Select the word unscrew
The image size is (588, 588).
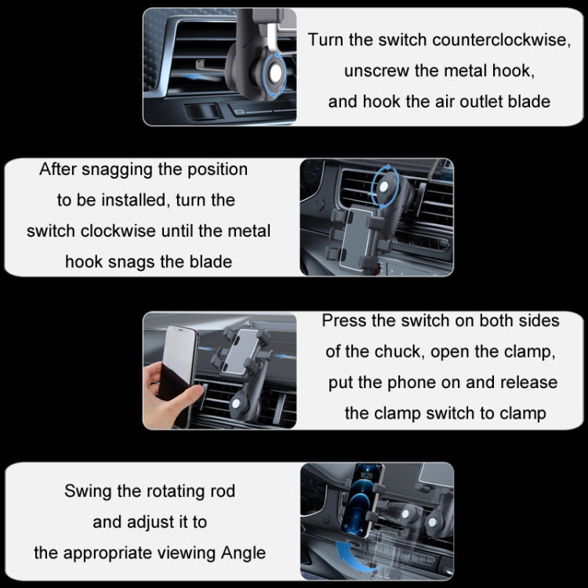375,71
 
